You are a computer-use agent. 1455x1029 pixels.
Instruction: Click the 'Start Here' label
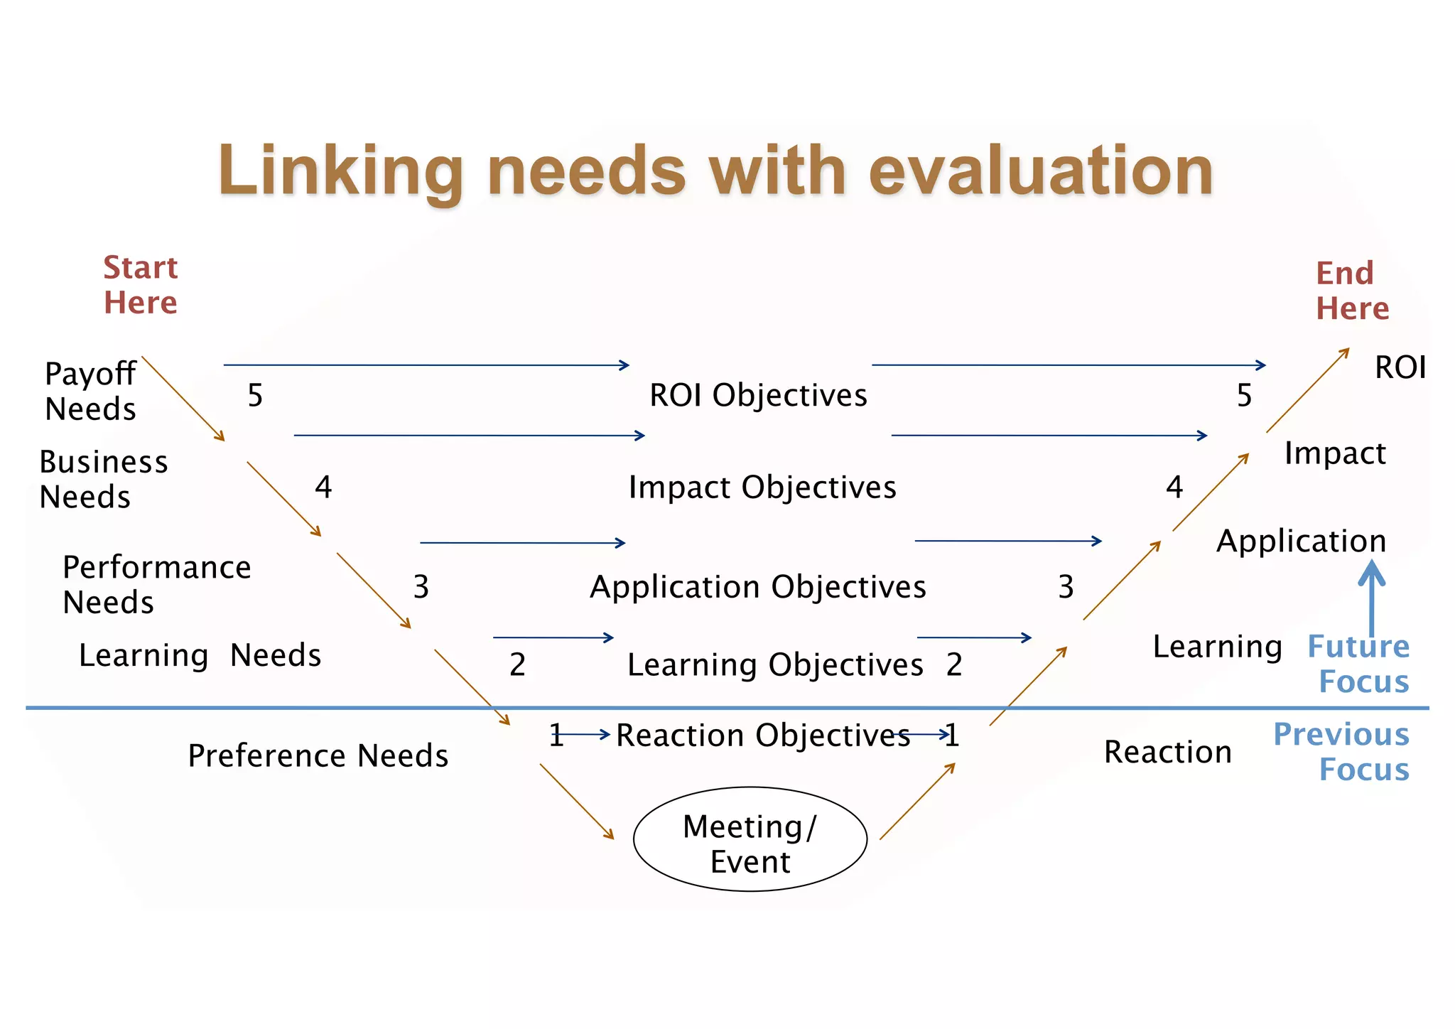[x=140, y=285]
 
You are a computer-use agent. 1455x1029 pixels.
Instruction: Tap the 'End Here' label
[x=1351, y=291]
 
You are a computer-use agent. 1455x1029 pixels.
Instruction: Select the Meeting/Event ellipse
[x=750, y=839]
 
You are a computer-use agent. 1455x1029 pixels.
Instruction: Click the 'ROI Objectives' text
[x=758, y=395]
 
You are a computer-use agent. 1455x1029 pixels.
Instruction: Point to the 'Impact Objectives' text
[x=762, y=487]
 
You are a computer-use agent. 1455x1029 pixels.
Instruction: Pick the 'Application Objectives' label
[x=758, y=587]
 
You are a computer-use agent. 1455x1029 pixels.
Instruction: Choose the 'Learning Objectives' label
[x=775, y=665]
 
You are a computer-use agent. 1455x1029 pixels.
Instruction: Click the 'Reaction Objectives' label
[x=762, y=736]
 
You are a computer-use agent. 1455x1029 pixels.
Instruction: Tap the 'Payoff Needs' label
[x=90, y=391]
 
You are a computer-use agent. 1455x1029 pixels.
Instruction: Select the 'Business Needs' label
[x=103, y=480]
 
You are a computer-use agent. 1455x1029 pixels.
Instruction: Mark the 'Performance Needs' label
[x=156, y=584]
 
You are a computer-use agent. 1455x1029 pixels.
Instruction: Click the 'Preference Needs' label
[x=318, y=755]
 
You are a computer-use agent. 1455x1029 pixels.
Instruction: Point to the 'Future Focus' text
[x=1358, y=664]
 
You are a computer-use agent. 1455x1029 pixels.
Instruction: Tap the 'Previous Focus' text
[x=1341, y=752]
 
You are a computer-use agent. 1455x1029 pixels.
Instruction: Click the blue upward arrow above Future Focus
[x=1372, y=597]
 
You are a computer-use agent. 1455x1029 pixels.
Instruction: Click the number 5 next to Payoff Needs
[x=255, y=395]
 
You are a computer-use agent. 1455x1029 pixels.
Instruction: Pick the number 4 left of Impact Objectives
[x=323, y=487]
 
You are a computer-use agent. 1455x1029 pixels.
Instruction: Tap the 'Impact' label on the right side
[x=1335, y=453]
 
